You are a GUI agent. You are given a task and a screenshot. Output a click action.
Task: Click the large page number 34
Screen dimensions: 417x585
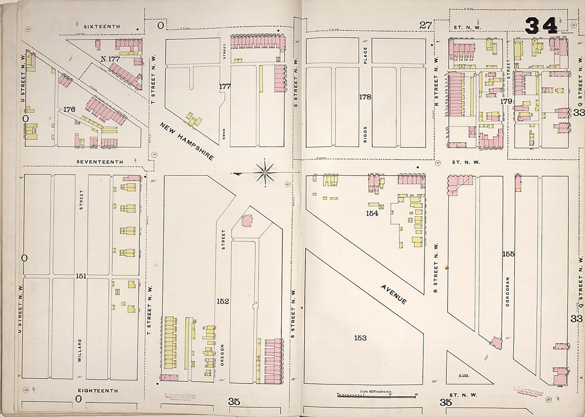click(541, 25)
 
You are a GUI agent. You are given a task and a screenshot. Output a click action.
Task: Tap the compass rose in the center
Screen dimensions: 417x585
click(264, 172)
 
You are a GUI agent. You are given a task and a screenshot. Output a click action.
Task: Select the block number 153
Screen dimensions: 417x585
click(360, 338)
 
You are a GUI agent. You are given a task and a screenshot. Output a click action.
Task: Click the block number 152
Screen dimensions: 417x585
click(222, 301)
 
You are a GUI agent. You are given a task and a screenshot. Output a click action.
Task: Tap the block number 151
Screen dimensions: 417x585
click(81, 276)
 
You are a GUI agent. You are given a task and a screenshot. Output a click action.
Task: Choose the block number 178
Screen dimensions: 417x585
click(365, 97)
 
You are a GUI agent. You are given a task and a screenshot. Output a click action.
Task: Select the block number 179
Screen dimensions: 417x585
click(506, 101)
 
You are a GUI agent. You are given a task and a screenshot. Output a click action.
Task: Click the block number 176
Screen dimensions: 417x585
click(69, 109)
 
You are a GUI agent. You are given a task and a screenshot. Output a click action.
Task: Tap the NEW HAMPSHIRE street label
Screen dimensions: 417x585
click(187, 141)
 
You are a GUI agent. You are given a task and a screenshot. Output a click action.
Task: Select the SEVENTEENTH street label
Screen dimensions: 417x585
click(99, 162)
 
